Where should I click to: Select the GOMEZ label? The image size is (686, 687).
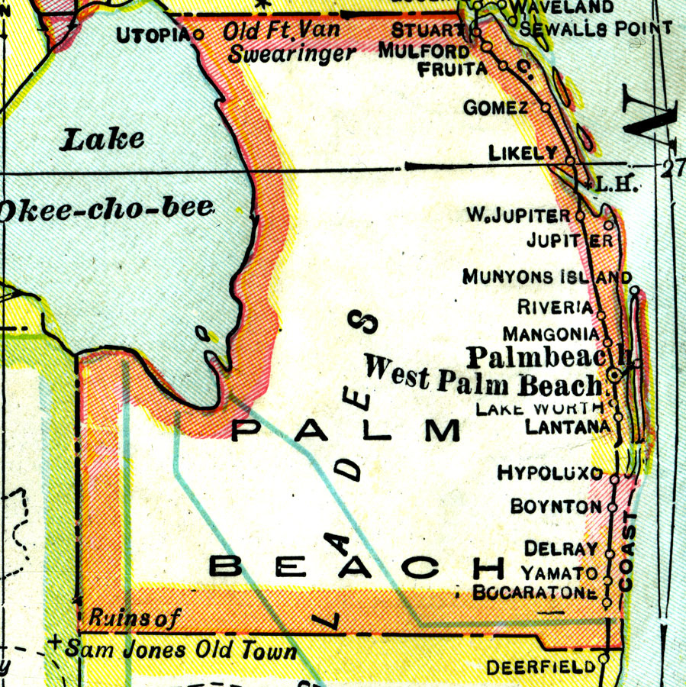coord(496,108)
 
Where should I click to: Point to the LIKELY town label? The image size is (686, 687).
coord(523,153)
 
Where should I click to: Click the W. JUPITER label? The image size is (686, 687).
coord(518,216)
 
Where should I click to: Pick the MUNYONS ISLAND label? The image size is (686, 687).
coord(546,277)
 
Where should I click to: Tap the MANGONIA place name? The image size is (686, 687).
coord(551,334)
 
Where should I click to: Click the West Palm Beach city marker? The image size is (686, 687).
coord(615,376)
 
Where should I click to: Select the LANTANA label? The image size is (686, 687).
coord(568,427)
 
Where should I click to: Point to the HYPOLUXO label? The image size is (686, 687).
coord(549,473)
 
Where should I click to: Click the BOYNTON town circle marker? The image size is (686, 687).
coord(612,507)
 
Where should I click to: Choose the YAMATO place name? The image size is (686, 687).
coord(559,572)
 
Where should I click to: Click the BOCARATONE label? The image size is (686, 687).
coord(534,592)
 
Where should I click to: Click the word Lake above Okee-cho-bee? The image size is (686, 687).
coord(103,139)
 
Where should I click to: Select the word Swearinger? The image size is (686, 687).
coord(292,54)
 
